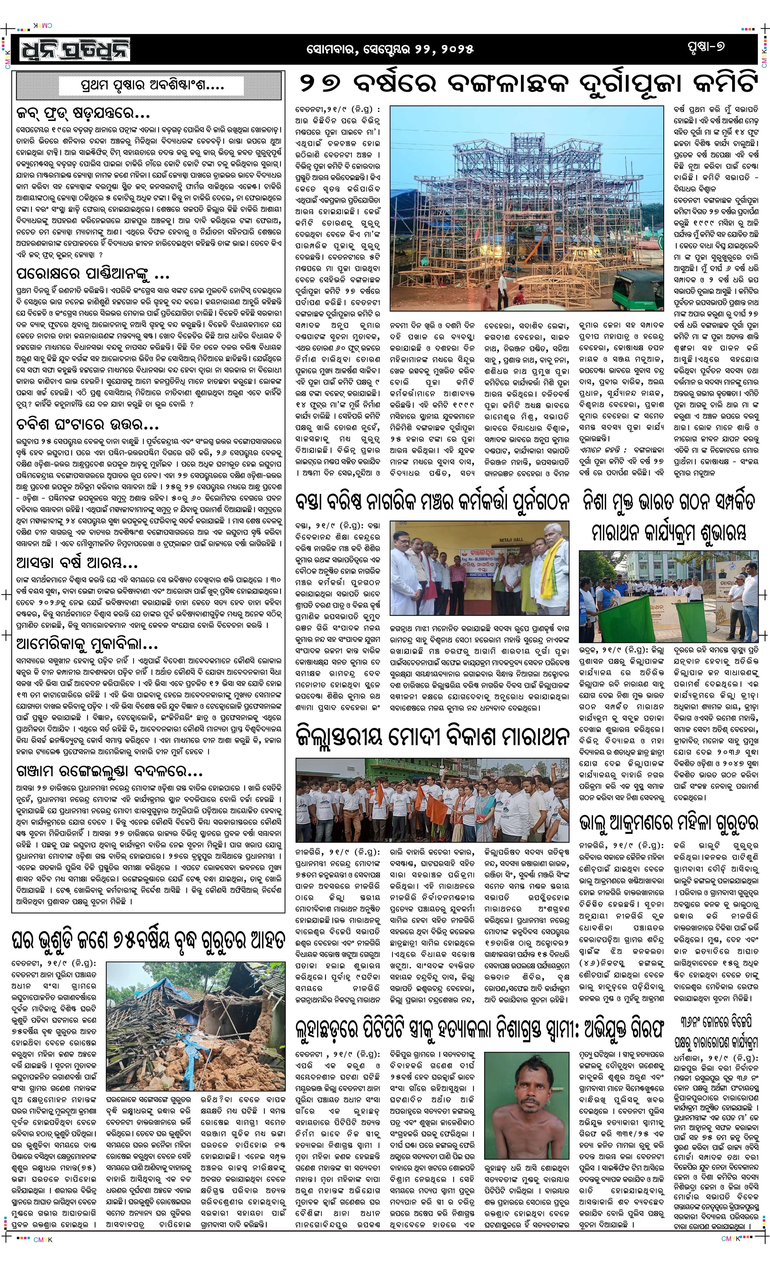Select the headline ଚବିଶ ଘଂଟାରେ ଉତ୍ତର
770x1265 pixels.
pyautogui.click(x=87, y=425)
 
